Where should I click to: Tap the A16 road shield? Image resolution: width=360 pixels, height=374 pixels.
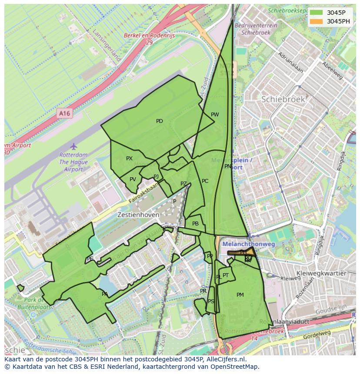(x=64, y=113)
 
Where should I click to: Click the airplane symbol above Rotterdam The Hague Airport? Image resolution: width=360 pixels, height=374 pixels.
(x=73, y=146)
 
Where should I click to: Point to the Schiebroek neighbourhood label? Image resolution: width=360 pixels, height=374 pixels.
(x=283, y=99)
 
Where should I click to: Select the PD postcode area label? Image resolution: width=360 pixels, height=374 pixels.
(x=160, y=121)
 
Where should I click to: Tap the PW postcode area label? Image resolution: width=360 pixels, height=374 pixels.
(x=215, y=115)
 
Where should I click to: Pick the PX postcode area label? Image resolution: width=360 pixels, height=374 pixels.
(x=129, y=159)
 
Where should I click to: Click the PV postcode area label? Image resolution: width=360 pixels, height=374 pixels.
(x=133, y=179)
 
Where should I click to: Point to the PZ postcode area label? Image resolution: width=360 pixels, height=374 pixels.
(x=183, y=184)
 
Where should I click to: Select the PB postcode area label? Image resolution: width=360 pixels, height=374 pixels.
(x=195, y=224)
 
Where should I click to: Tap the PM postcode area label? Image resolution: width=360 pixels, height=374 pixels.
(x=240, y=295)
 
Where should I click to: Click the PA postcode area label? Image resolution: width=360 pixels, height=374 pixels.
(x=105, y=294)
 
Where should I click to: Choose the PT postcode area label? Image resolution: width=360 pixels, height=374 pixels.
(x=226, y=275)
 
